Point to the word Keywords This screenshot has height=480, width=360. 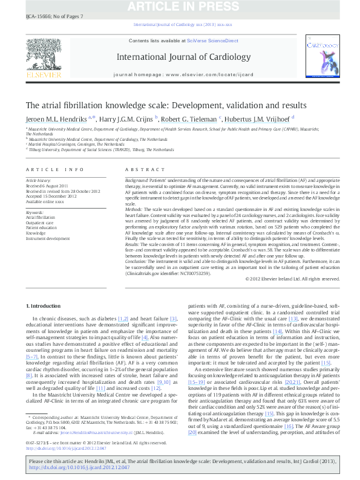tap(34, 213)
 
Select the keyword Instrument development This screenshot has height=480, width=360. tap(48, 238)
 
